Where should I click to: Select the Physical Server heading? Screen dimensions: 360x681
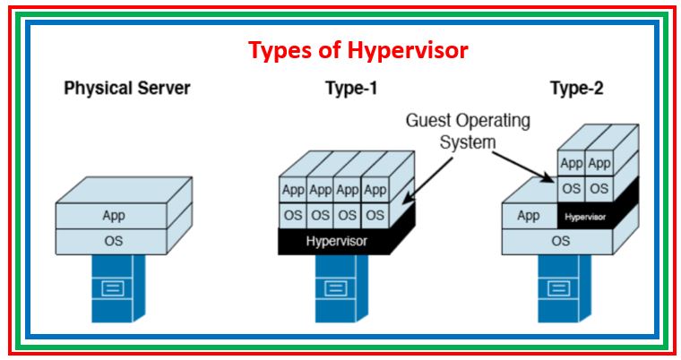pos(127,89)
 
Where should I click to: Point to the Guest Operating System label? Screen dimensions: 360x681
pos(468,131)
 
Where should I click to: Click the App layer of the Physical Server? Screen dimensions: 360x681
pos(114,216)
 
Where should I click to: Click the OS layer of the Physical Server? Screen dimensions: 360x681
pos(114,240)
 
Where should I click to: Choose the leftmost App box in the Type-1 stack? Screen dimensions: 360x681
pos(293,190)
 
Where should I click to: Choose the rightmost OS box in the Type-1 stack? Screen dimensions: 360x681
pos(375,215)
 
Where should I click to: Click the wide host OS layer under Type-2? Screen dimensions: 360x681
pos(559,241)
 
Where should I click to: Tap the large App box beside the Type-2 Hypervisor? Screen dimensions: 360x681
pos(529,216)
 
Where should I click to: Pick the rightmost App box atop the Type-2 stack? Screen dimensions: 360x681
pos(599,164)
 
